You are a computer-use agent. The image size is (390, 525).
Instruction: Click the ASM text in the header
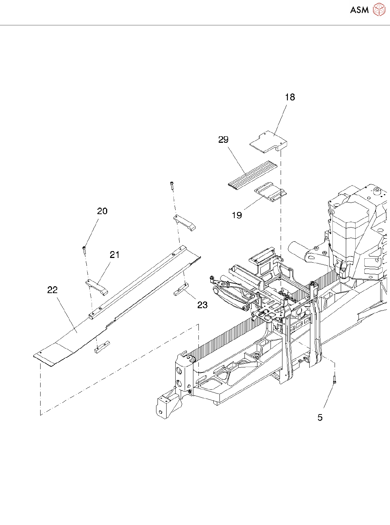pyautogui.click(x=359, y=10)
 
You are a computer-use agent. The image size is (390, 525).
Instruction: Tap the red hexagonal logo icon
pyautogui.click(x=379, y=9)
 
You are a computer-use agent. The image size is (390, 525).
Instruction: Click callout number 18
pyautogui.click(x=290, y=97)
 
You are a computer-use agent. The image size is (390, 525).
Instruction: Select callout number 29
pyautogui.click(x=223, y=139)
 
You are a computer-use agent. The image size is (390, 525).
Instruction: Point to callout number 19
pyautogui.click(x=237, y=215)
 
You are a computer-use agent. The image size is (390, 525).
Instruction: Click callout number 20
pyautogui.click(x=102, y=211)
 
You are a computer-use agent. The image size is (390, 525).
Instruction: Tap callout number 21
pyautogui.click(x=115, y=255)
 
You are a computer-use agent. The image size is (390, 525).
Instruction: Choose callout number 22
pyautogui.click(x=53, y=290)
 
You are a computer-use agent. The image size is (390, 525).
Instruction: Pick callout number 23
pyautogui.click(x=202, y=305)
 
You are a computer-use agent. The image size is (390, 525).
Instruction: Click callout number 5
pyautogui.click(x=320, y=417)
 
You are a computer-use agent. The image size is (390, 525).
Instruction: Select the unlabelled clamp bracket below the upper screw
pyautogui.click(x=184, y=222)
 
